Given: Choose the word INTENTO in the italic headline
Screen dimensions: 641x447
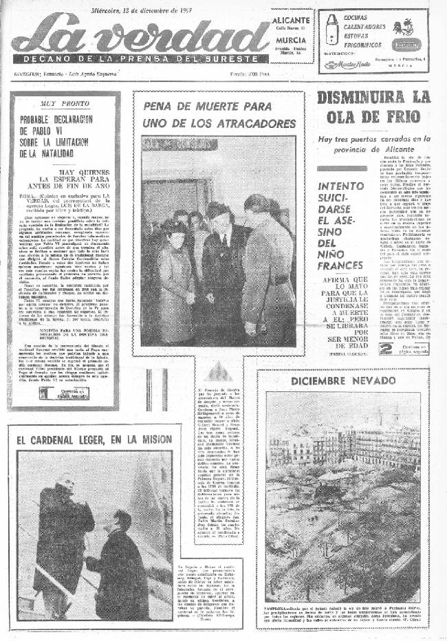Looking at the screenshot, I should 342,186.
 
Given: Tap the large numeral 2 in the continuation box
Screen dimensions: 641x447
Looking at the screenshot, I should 386,348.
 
